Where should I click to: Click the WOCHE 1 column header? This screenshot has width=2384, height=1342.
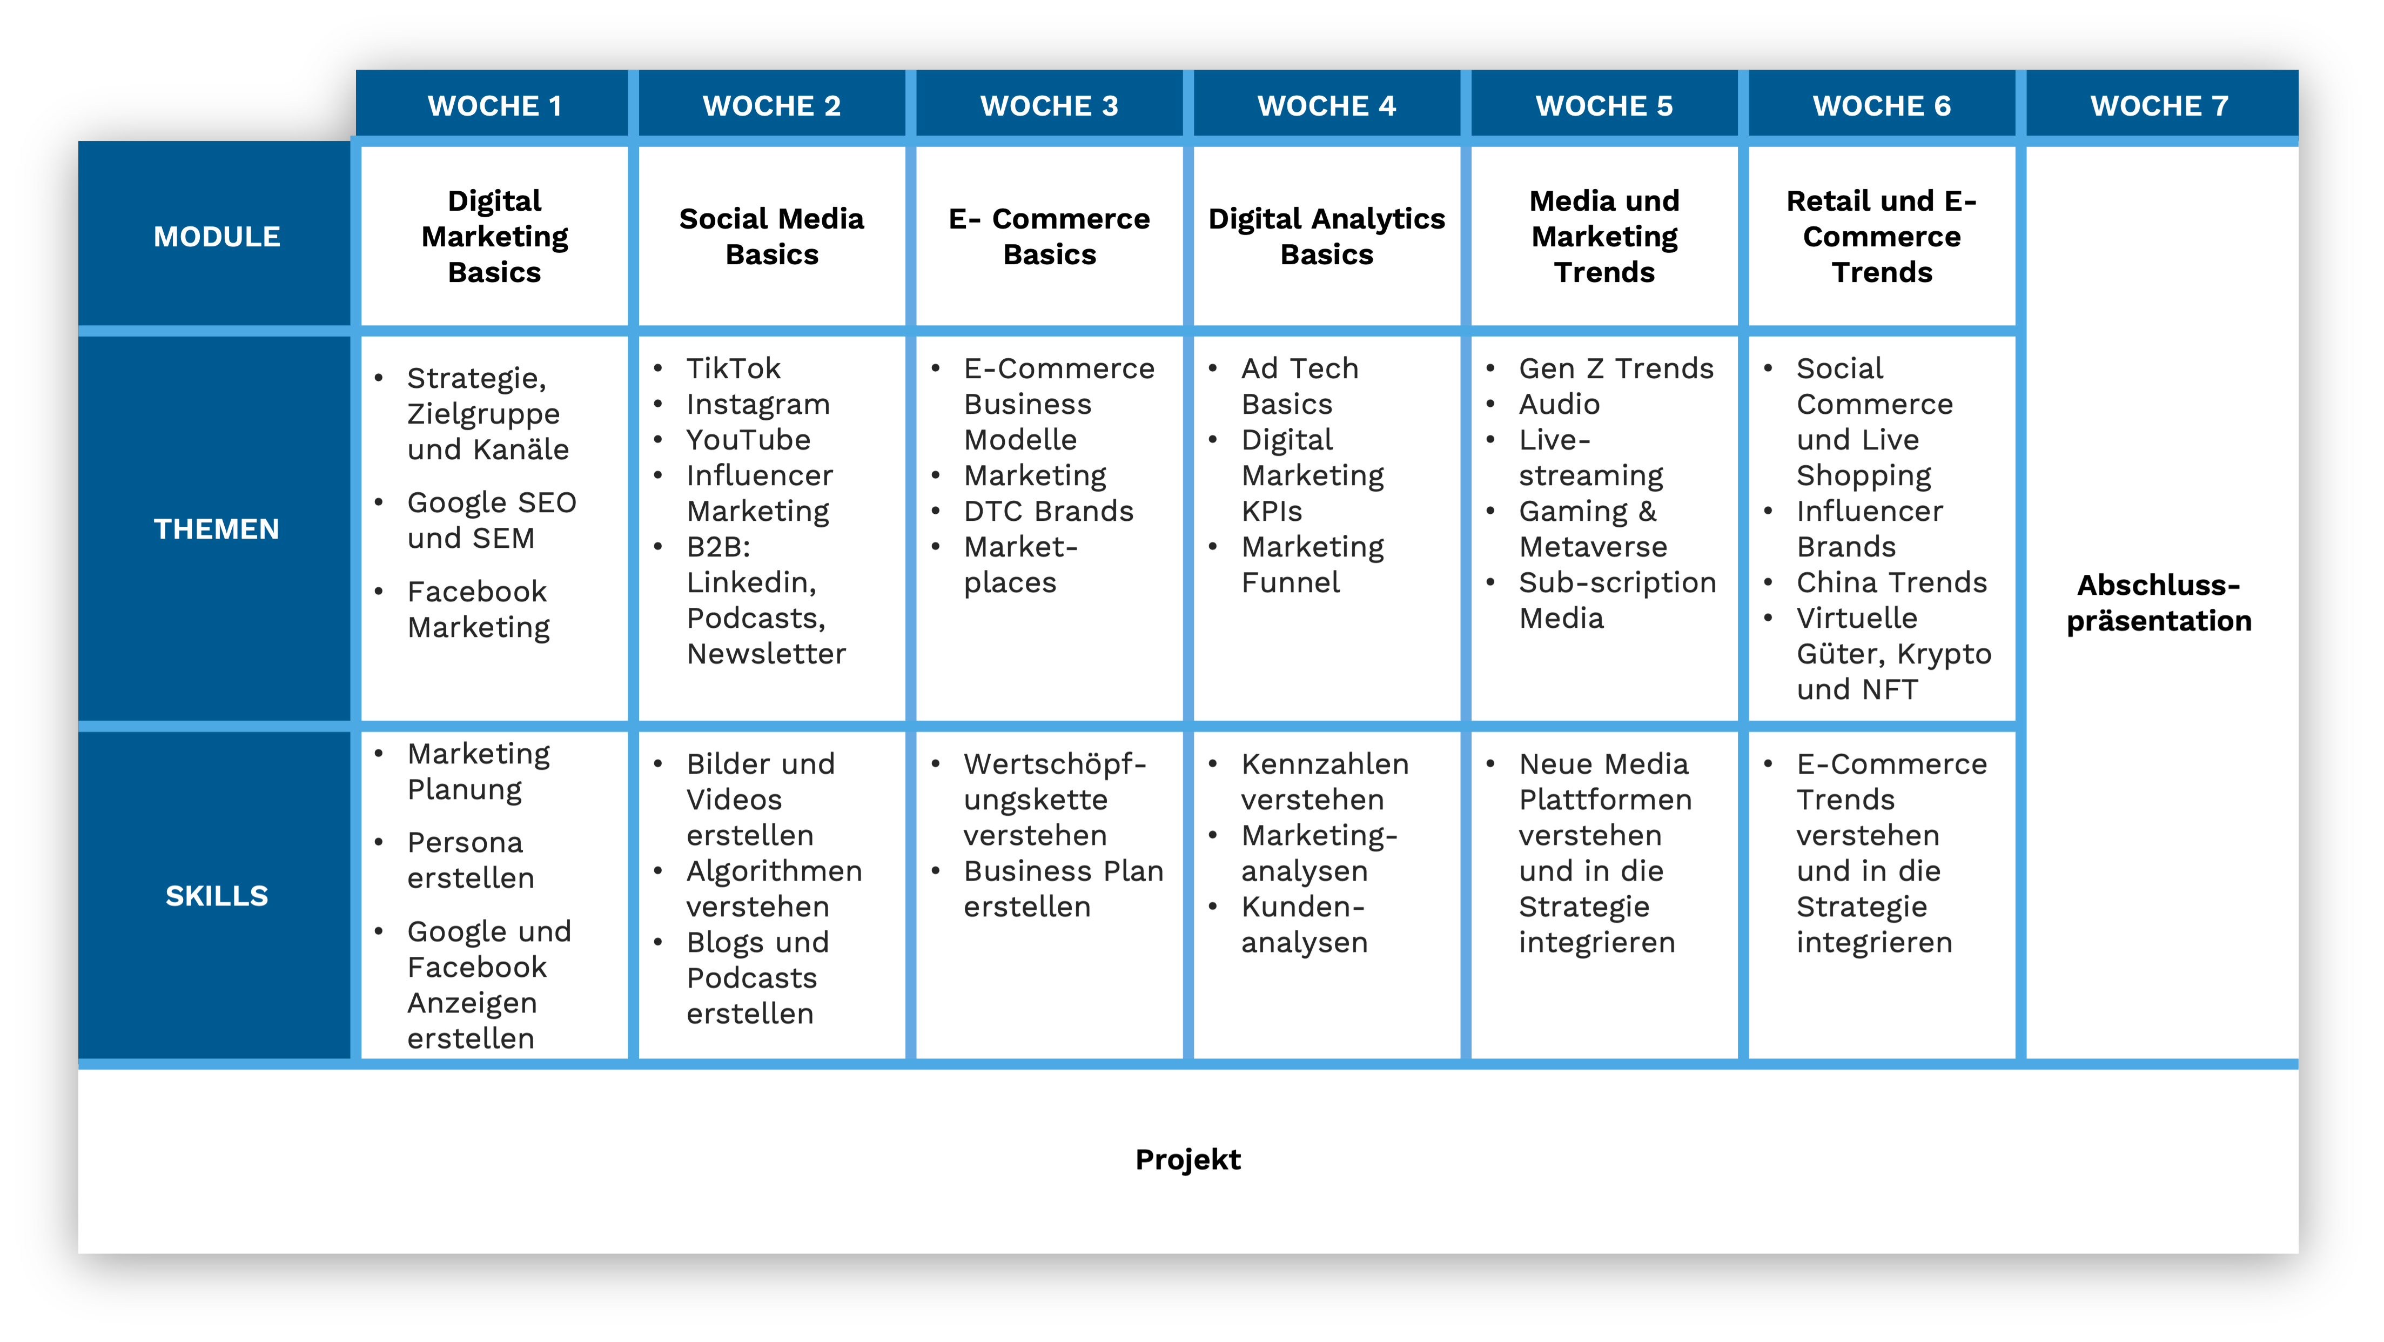pyautogui.click(x=494, y=105)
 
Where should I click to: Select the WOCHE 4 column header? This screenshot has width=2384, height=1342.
pyautogui.click(x=1326, y=105)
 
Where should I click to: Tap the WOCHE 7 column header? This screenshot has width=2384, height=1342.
pyautogui.click(x=2159, y=105)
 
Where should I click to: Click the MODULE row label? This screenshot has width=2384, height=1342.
pyautogui.click(x=217, y=237)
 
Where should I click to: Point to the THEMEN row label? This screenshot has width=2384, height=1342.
pyautogui.click(x=217, y=528)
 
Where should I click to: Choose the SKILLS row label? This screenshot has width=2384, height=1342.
pyautogui.click(x=217, y=896)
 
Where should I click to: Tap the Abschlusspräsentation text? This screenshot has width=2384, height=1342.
pyautogui.click(x=2159, y=602)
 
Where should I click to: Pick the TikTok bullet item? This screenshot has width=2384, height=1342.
pyautogui.click(x=733, y=368)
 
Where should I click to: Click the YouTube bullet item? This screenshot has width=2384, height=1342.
pyautogui.click(x=748, y=440)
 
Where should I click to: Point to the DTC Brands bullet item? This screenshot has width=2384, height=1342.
pyautogui.click(x=1049, y=511)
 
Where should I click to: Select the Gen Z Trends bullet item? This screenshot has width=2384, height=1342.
pyautogui.click(x=1616, y=368)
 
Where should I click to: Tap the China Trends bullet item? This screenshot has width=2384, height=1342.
pyautogui.click(x=1892, y=582)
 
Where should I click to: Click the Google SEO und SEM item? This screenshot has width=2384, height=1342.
pyautogui.click(x=492, y=520)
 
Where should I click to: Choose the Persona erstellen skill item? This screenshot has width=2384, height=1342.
pyautogui.click(x=470, y=860)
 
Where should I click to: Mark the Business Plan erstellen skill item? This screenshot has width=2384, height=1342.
pyautogui.click(x=1063, y=889)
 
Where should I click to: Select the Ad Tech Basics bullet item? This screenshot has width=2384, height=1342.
pyautogui.click(x=1299, y=386)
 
